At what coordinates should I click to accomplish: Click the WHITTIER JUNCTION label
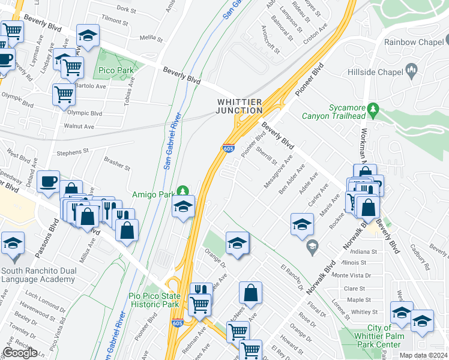240,106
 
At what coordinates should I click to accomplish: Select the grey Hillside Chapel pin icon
412,70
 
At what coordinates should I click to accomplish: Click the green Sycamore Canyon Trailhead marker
374,110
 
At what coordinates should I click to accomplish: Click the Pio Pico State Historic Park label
154,300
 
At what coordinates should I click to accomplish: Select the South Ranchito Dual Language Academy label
38,275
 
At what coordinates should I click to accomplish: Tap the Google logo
20,353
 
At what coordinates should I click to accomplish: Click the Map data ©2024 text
422,355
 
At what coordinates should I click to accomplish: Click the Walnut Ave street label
80,127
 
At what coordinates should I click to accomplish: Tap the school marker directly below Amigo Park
183,208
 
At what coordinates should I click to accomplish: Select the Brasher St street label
116,163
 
